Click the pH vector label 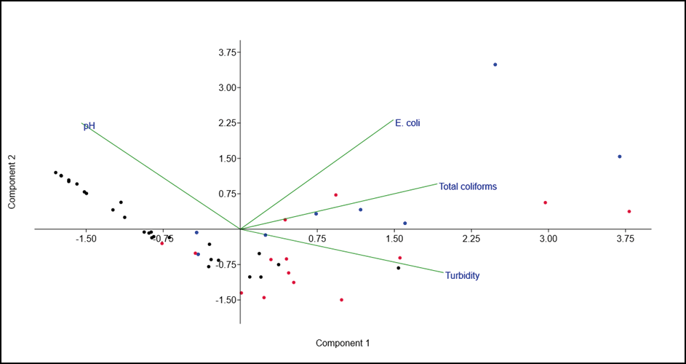89,126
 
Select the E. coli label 407,123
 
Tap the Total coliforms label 468,186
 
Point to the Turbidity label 463,276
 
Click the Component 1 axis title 343,342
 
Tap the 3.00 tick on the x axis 549,239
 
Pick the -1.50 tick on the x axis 86,239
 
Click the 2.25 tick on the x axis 471,239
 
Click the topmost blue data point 495,65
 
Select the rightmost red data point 629,212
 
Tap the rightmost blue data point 619,157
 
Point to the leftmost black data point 55,173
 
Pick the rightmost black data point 398,268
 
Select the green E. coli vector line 316,174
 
